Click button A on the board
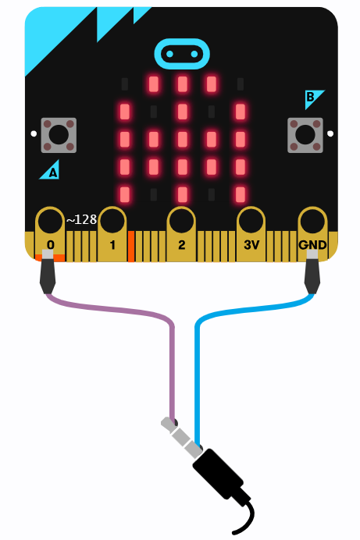pos(59,135)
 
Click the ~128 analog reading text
pos(81,219)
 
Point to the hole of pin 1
pos(112,221)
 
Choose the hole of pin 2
pos(181,221)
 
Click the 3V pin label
pos(251,245)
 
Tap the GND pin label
pos(312,245)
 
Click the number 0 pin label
pos(51,245)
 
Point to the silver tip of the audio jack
pos(167,423)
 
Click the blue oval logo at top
pos(182,54)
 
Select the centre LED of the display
pos(182,139)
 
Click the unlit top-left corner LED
pos(125,84)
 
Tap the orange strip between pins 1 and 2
pos(131,247)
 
